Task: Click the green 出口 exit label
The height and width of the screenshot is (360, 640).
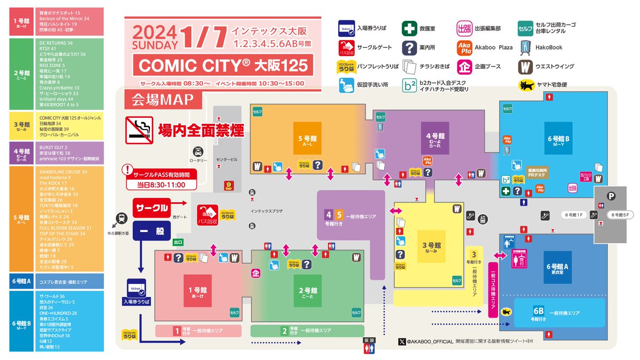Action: [178, 243]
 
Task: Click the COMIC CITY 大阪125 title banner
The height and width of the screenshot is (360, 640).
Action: [223, 65]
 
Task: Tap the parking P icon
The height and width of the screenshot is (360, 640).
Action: [611, 196]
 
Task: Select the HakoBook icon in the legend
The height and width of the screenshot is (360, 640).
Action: [525, 47]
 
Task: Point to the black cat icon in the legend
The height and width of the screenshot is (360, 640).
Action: [525, 85]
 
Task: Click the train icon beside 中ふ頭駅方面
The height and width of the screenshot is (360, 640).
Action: [122, 218]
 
